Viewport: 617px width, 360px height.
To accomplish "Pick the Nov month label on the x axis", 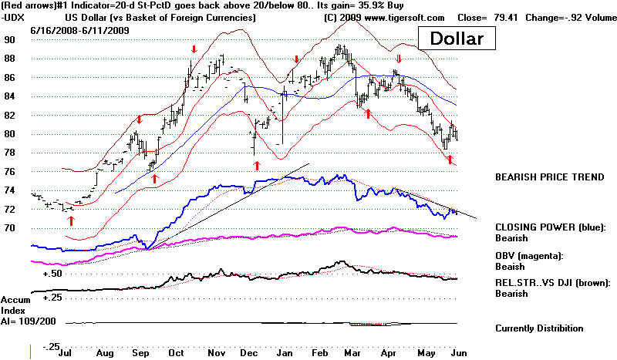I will (x=219, y=352).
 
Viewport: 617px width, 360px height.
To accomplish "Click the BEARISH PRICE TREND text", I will (x=549, y=177).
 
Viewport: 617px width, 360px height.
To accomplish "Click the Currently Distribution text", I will (x=539, y=328).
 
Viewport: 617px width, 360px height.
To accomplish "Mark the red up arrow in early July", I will (x=71, y=220).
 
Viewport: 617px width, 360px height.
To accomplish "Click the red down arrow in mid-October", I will (x=194, y=49).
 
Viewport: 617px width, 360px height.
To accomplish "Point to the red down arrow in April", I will (x=398, y=59).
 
